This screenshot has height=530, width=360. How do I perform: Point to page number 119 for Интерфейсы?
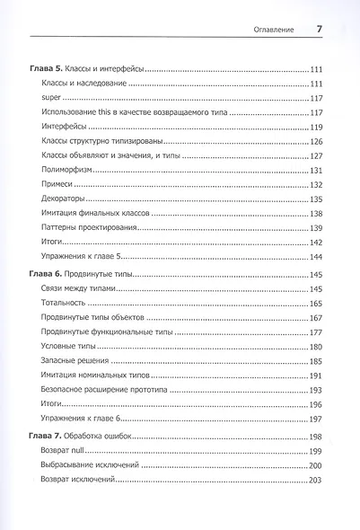pos(316,128)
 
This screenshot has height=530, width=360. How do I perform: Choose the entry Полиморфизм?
pos(69,171)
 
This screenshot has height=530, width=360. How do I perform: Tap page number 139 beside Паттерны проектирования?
pos(316,229)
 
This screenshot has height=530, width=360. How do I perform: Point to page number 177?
pos(316,332)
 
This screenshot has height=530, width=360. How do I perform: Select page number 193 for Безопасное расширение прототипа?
pos(316,391)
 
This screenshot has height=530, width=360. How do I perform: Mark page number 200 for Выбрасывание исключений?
pos(316,465)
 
